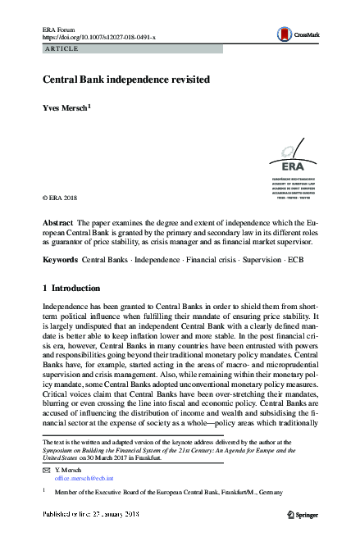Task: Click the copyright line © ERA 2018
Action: coord(66,198)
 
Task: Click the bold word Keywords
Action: coord(62,259)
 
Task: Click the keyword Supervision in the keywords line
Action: coord(259,259)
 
